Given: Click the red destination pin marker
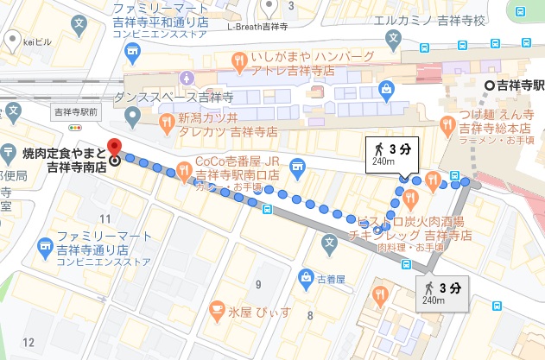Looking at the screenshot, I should click(x=113, y=147).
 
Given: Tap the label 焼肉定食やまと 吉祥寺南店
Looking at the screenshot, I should click(x=58, y=161).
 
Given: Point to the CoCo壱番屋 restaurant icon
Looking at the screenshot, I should click(x=183, y=168).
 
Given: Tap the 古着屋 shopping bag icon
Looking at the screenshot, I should click(x=304, y=277).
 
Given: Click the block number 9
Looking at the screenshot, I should click(x=257, y=283).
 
